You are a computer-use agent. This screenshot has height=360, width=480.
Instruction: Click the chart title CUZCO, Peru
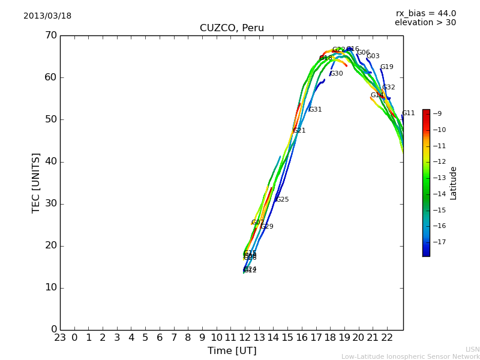[x=232, y=28]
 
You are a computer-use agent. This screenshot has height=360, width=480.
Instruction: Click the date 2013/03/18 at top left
[x=47, y=16]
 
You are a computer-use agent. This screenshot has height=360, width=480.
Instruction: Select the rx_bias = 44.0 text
[x=425, y=14]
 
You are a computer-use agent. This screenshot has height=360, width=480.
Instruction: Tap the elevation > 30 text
[x=425, y=23]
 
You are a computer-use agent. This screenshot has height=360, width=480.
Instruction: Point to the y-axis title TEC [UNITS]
[x=36, y=182]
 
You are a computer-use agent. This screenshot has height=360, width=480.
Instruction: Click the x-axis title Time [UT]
[x=232, y=351]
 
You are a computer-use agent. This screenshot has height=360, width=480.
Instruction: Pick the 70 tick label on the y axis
[x=50, y=35]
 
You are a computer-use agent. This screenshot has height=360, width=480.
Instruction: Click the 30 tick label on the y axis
[x=50, y=203]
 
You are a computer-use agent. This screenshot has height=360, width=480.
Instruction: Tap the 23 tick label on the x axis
[x=60, y=338]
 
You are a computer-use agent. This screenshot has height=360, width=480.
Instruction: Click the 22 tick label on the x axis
[x=387, y=338]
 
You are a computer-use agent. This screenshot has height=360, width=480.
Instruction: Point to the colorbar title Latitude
[x=454, y=183]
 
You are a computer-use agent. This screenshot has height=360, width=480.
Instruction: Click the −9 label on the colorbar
[x=437, y=113]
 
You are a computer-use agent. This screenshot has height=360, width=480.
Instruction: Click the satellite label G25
[x=283, y=200]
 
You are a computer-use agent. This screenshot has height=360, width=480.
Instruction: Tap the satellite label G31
[x=316, y=110]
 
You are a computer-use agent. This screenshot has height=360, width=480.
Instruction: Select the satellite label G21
[x=299, y=131]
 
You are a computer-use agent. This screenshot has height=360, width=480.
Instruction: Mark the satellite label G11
[x=409, y=113]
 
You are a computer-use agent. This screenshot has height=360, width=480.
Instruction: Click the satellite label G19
[x=387, y=67]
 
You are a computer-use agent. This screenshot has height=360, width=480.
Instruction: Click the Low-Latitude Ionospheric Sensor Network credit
[x=410, y=357]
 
